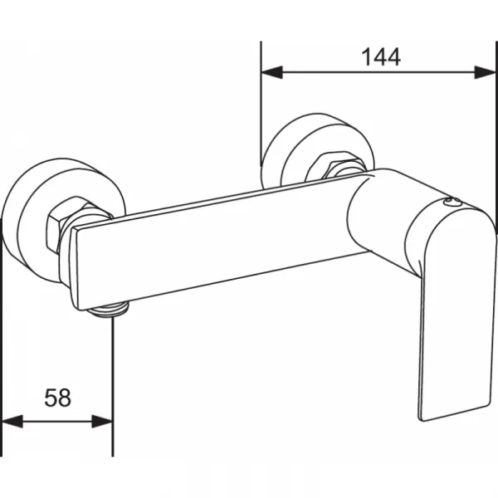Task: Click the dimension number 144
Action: pos(381,57)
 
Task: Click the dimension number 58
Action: pos(57,398)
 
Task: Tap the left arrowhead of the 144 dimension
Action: pos(271,72)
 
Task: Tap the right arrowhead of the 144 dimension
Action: pos(485,72)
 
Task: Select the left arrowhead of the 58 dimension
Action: pos(12,422)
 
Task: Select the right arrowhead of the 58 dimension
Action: pos(102,422)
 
